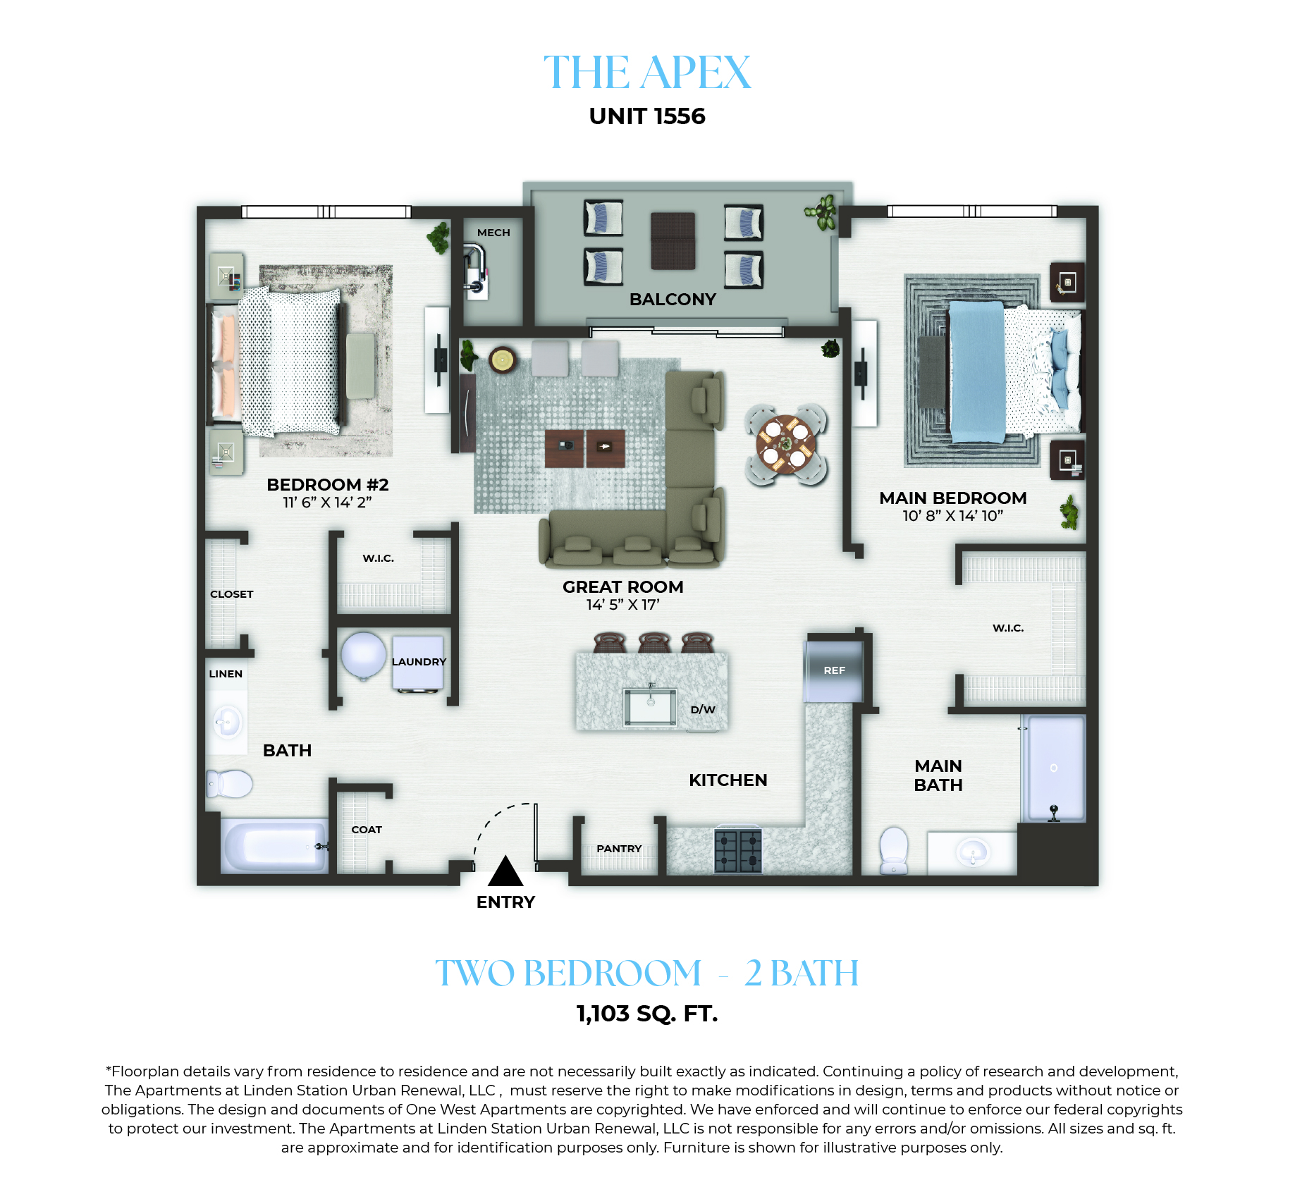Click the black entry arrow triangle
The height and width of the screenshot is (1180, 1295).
pyautogui.click(x=505, y=871)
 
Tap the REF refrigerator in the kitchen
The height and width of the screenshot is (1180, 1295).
pyautogui.click(x=834, y=670)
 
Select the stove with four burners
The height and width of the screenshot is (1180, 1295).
pyautogui.click(x=738, y=851)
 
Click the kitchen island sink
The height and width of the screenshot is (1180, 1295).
pyautogui.click(x=650, y=706)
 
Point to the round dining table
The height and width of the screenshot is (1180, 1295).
pyautogui.click(x=785, y=444)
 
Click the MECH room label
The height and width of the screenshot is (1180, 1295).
pyautogui.click(x=493, y=233)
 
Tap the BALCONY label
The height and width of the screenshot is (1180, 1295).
pyautogui.click(x=673, y=300)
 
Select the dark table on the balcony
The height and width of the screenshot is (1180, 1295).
pyautogui.click(x=673, y=241)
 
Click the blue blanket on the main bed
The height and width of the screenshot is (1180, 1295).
pyautogui.click(x=977, y=371)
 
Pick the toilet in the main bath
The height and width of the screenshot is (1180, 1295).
pyautogui.click(x=894, y=850)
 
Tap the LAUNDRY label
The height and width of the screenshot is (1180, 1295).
pyautogui.click(x=419, y=662)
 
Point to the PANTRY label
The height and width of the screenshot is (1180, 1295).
pyautogui.click(x=619, y=849)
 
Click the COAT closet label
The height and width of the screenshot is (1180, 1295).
pyautogui.click(x=367, y=830)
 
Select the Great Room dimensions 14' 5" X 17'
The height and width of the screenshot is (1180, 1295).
pyautogui.click(x=622, y=605)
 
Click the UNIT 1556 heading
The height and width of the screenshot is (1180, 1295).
pyautogui.click(x=647, y=116)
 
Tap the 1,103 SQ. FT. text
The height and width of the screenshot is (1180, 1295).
pyautogui.click(x=647, y=1014)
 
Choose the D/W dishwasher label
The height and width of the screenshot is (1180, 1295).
pyautogui.click(x=703, y=710)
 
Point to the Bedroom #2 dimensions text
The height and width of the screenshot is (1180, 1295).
pyautogui.click(x=327, y=503)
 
